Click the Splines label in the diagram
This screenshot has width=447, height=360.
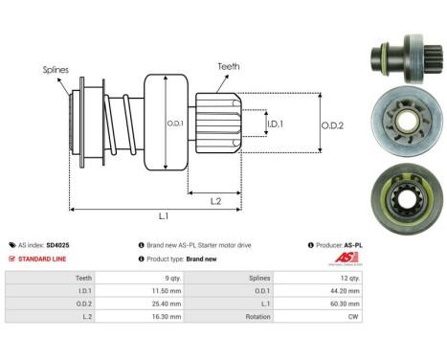click(55, 70)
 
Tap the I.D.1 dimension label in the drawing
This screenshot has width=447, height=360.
click(274, 124)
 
